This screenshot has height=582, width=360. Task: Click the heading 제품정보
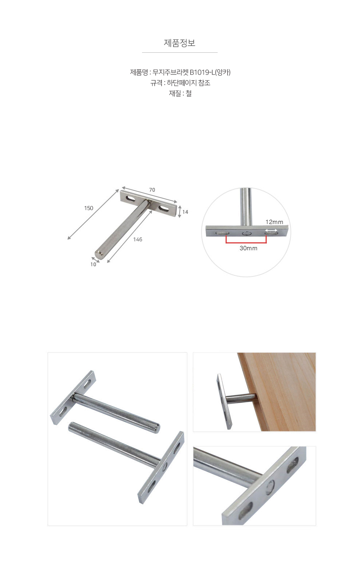[180, 43]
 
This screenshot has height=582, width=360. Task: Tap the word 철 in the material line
[188, 93]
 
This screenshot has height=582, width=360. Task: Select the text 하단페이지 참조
[188, 83]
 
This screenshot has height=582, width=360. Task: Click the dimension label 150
[89, 208]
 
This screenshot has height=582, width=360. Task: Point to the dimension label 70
[152, 190]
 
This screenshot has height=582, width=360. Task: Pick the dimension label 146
[138, 240]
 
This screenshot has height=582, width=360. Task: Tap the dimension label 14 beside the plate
[185, 212]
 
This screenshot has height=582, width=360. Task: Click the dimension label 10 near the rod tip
[93, 264]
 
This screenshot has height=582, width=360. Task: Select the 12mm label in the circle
[274, 222]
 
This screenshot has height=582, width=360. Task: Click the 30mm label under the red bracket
[248, 248]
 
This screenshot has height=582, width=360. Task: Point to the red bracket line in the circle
[246, 243]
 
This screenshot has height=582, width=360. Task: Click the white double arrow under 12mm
[271, 230]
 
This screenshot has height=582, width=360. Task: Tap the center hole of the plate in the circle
[247, 234]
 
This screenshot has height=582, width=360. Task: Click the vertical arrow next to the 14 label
[180, 212]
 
